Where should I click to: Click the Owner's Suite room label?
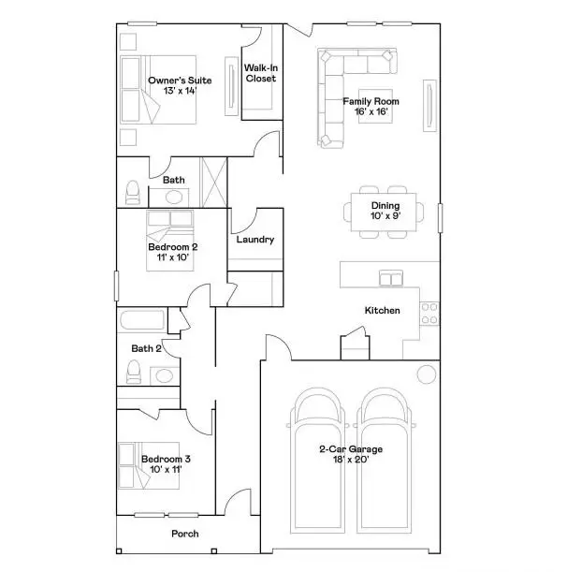180,86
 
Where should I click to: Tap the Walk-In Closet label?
260,74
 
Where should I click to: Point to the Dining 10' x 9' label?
385,212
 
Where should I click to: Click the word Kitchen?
382,311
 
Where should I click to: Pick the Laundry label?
254,240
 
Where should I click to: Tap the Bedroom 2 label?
172,253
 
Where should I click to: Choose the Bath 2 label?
146,348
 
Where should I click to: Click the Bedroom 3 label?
166,464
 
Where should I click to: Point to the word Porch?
185,535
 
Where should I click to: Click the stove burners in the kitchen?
429,313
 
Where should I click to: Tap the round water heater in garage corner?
426,375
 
